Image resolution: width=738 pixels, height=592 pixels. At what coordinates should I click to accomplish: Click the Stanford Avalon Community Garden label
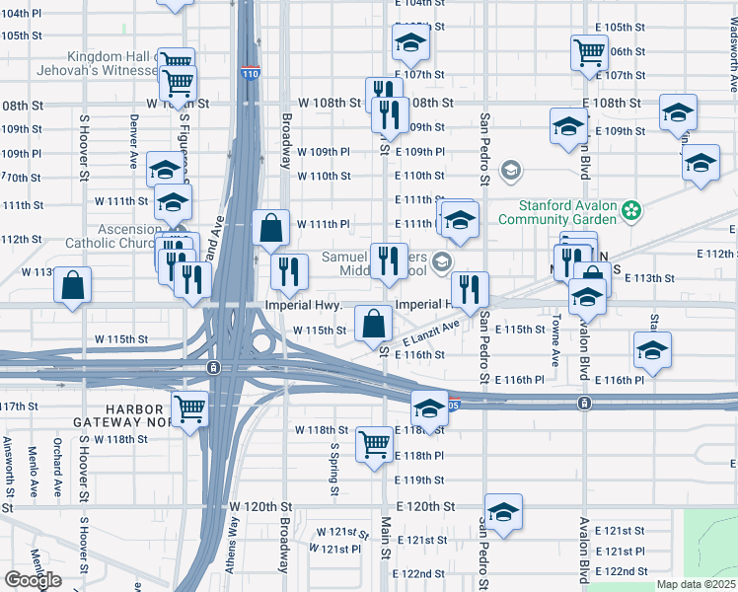569,212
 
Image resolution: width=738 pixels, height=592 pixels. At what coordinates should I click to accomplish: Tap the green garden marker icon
632,211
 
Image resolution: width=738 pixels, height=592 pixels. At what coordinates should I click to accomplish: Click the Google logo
33,579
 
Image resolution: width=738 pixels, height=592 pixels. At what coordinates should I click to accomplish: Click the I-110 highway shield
249,73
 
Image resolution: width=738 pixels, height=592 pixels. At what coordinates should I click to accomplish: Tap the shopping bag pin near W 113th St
73,287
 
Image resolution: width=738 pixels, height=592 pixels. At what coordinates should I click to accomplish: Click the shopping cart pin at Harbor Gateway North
189,407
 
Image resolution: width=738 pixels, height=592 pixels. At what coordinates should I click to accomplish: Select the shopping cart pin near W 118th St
375,445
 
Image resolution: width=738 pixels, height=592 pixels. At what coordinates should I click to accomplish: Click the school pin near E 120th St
503,512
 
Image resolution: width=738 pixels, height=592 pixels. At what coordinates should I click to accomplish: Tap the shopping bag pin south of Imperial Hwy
374,324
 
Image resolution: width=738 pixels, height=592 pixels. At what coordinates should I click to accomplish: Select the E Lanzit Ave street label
431,333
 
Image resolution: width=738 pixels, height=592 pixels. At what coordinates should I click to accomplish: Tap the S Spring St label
334,468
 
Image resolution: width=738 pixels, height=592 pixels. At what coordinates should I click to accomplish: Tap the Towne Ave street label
556,334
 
